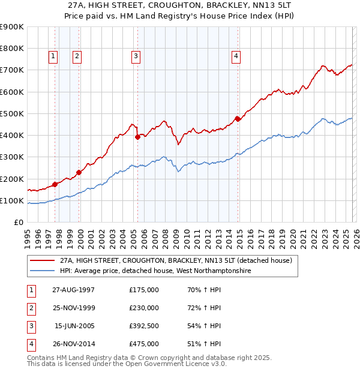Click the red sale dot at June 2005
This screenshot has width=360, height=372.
[x=138, y=137]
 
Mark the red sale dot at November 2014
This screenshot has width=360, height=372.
[x=238, y=119]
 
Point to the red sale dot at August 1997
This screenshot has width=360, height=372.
[x=55, y=184]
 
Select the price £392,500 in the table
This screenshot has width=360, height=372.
[x=143, y=326]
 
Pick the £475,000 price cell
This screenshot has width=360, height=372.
[x=143, y=344]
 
